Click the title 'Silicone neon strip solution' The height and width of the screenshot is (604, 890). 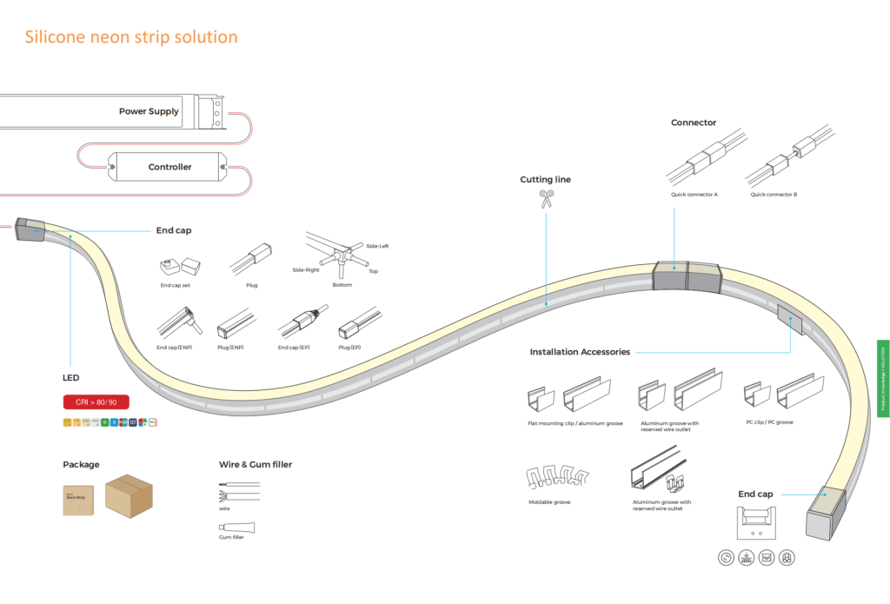pos(131,37)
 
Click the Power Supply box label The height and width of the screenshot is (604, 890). pos(149,111)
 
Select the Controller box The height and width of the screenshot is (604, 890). pos(165,167)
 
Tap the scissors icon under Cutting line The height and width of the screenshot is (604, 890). pos(546,200)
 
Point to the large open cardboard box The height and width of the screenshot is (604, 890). pos(130,496)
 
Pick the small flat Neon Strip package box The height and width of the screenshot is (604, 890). pos(79,500)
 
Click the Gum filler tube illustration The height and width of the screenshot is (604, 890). pos(236,526)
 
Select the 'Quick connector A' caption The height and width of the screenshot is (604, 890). pos(694,195)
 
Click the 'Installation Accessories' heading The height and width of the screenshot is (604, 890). pos(580,352)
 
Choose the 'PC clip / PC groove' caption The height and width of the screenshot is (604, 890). pos(768,422)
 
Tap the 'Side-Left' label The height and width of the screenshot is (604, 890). pos(377,246)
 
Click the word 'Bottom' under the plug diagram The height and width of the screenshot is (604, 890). pos(342,285)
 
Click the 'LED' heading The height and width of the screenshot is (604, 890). pos(70,378)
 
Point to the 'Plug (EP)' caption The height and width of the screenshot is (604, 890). pos(349,348)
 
